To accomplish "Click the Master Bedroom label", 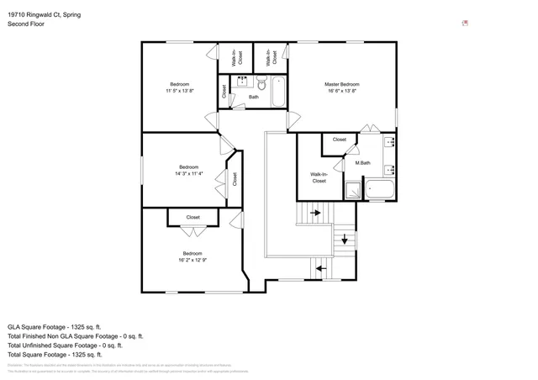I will click(x=342, y=84).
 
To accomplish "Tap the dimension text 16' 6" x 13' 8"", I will click(x=342, y=91).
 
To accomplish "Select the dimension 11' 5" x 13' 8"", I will click(x=179, y=91).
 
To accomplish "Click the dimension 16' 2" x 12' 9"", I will click(x=192, y=260).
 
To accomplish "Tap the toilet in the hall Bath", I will click(x=261, y=85).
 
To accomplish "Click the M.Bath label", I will click(x=362, y=163).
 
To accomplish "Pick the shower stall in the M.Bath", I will click(x=354, y=190).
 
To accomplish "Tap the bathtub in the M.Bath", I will click(x=381, y=190).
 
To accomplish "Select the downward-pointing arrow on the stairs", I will click(x=345, y=239).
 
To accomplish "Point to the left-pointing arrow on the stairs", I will click(x=319, y=269).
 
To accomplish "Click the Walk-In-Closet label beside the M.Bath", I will click(x=319, y=178).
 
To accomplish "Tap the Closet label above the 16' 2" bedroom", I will click(x=193, y=218).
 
